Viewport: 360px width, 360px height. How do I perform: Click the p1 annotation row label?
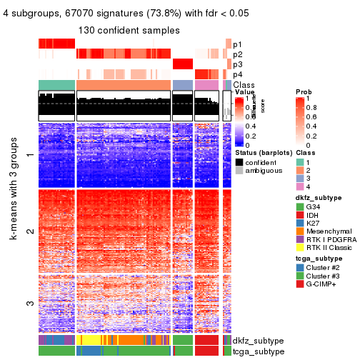tap(237, 44)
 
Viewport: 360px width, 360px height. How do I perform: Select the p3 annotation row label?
tap(237, 64)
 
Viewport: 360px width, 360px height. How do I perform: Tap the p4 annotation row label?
tap(237, 74)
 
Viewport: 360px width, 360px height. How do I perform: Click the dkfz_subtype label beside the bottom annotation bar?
tap(254, 341)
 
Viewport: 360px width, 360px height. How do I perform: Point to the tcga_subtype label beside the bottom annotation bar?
tap(254, 351)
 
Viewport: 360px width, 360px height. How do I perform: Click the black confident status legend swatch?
tap(239, 162)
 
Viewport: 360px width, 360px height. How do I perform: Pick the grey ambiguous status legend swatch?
tap(239, 171)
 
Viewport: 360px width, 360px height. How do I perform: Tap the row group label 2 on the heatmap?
tap(29, 231)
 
